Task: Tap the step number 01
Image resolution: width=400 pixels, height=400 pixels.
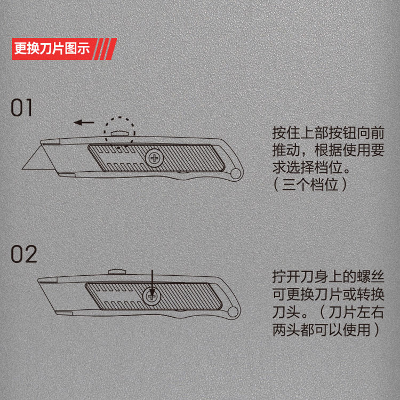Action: (22, 108)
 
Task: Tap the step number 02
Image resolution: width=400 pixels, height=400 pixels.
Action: (24, 254)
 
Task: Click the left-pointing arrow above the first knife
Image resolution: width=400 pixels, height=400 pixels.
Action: (84, 123)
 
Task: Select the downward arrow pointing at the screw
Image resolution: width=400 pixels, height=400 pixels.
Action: (152, 284)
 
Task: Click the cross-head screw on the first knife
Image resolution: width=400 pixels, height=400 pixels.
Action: (154, 158)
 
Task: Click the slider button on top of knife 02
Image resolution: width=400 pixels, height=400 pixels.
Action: (117, 271)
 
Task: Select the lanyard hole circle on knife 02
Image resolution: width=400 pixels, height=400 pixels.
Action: (233, 312)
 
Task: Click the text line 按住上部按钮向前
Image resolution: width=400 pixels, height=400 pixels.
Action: (328, 133)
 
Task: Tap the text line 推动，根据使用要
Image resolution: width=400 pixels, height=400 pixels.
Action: (328, 150)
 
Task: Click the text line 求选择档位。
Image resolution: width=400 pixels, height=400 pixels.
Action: (311, 167)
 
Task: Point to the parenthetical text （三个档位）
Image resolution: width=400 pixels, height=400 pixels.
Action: (310, 185)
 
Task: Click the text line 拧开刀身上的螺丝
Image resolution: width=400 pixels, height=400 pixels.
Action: (328, 276)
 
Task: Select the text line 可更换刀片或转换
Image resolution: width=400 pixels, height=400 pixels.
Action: (328, 294)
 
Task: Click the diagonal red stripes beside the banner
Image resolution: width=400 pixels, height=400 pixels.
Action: (106, 49)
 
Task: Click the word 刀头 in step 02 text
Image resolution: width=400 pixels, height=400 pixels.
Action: (286, 312)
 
